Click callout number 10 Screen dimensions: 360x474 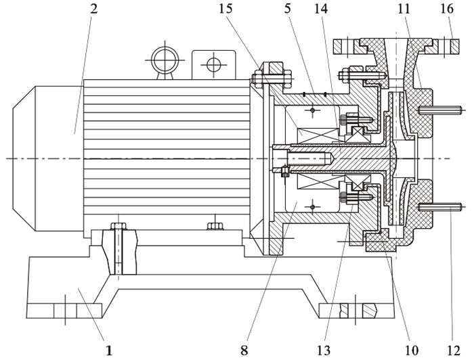point(410,351)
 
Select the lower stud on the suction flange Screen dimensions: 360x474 point(440,207)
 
